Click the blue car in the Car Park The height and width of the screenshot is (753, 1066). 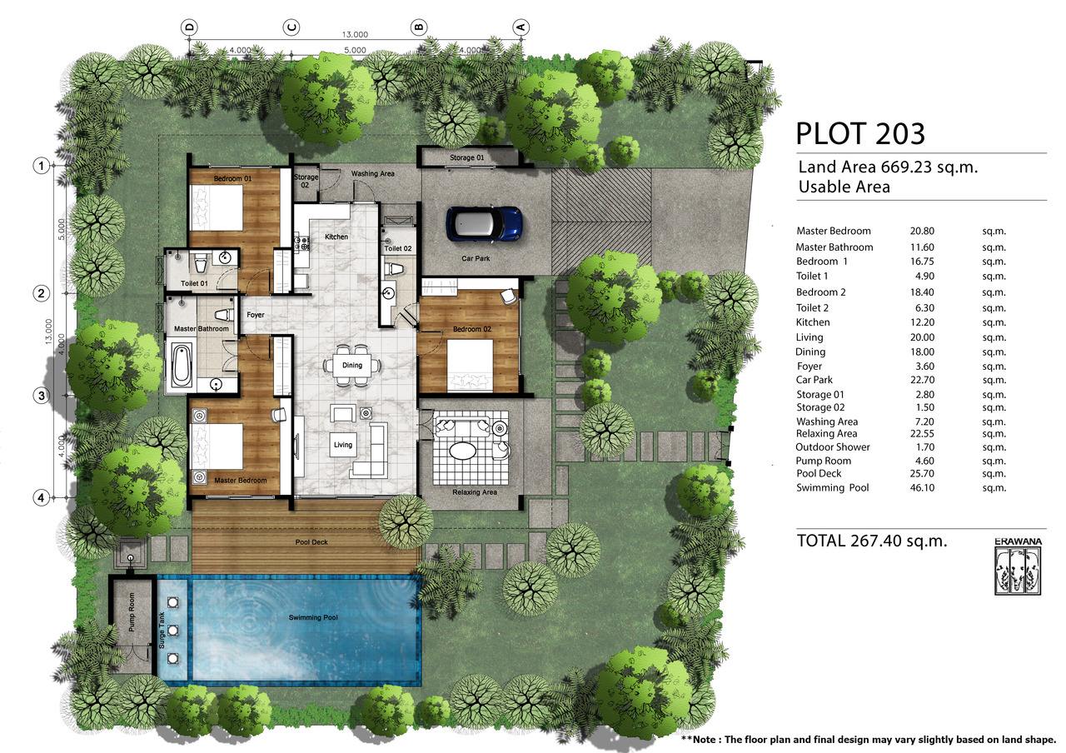pyautogui.click(x=484, y=224)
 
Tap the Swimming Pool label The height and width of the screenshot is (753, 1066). pyautogui.click(x=313, y=617)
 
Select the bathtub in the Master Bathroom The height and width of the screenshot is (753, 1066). pyautogui.click(x=181, y=366)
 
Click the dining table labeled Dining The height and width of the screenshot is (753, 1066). pyautogui.click(x=352, y=365)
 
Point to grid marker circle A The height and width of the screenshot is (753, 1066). pyautogui.click(x=521, y=27)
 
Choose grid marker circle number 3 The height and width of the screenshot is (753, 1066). pyautogui.click(x=42, y=396)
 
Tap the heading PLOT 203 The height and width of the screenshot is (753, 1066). pyautogui.click(x=860, y=134)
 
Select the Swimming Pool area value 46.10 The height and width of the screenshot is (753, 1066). pyautogui.click(x=922, y=488)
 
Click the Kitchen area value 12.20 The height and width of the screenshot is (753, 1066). pyautogui.click(x=922, y=322)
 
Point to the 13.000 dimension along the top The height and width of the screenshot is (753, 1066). pyautogui.click(x=355, y=34)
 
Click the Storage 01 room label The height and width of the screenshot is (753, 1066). pyautogui.click(x=467, y=157)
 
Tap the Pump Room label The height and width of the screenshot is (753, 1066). pyautogui.click(x=132, y=612)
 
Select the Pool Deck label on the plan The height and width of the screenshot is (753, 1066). pyautogui.click(x=311, y=542)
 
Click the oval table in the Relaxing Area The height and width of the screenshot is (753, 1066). pyautogui.click(x=462, y=451)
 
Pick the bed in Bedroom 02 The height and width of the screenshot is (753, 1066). pyautogui.click(x=471, y=365)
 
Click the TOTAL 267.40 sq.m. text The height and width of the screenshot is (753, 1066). pyautogui.click(x=872, y=541)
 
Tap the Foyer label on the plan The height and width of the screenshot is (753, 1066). pyautogui.click(x=256, y=315)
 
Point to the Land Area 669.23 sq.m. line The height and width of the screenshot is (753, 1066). pyautogui.click(x=888, y=167)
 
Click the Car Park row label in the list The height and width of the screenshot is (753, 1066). pyautogui.click(x=814, y=380)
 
